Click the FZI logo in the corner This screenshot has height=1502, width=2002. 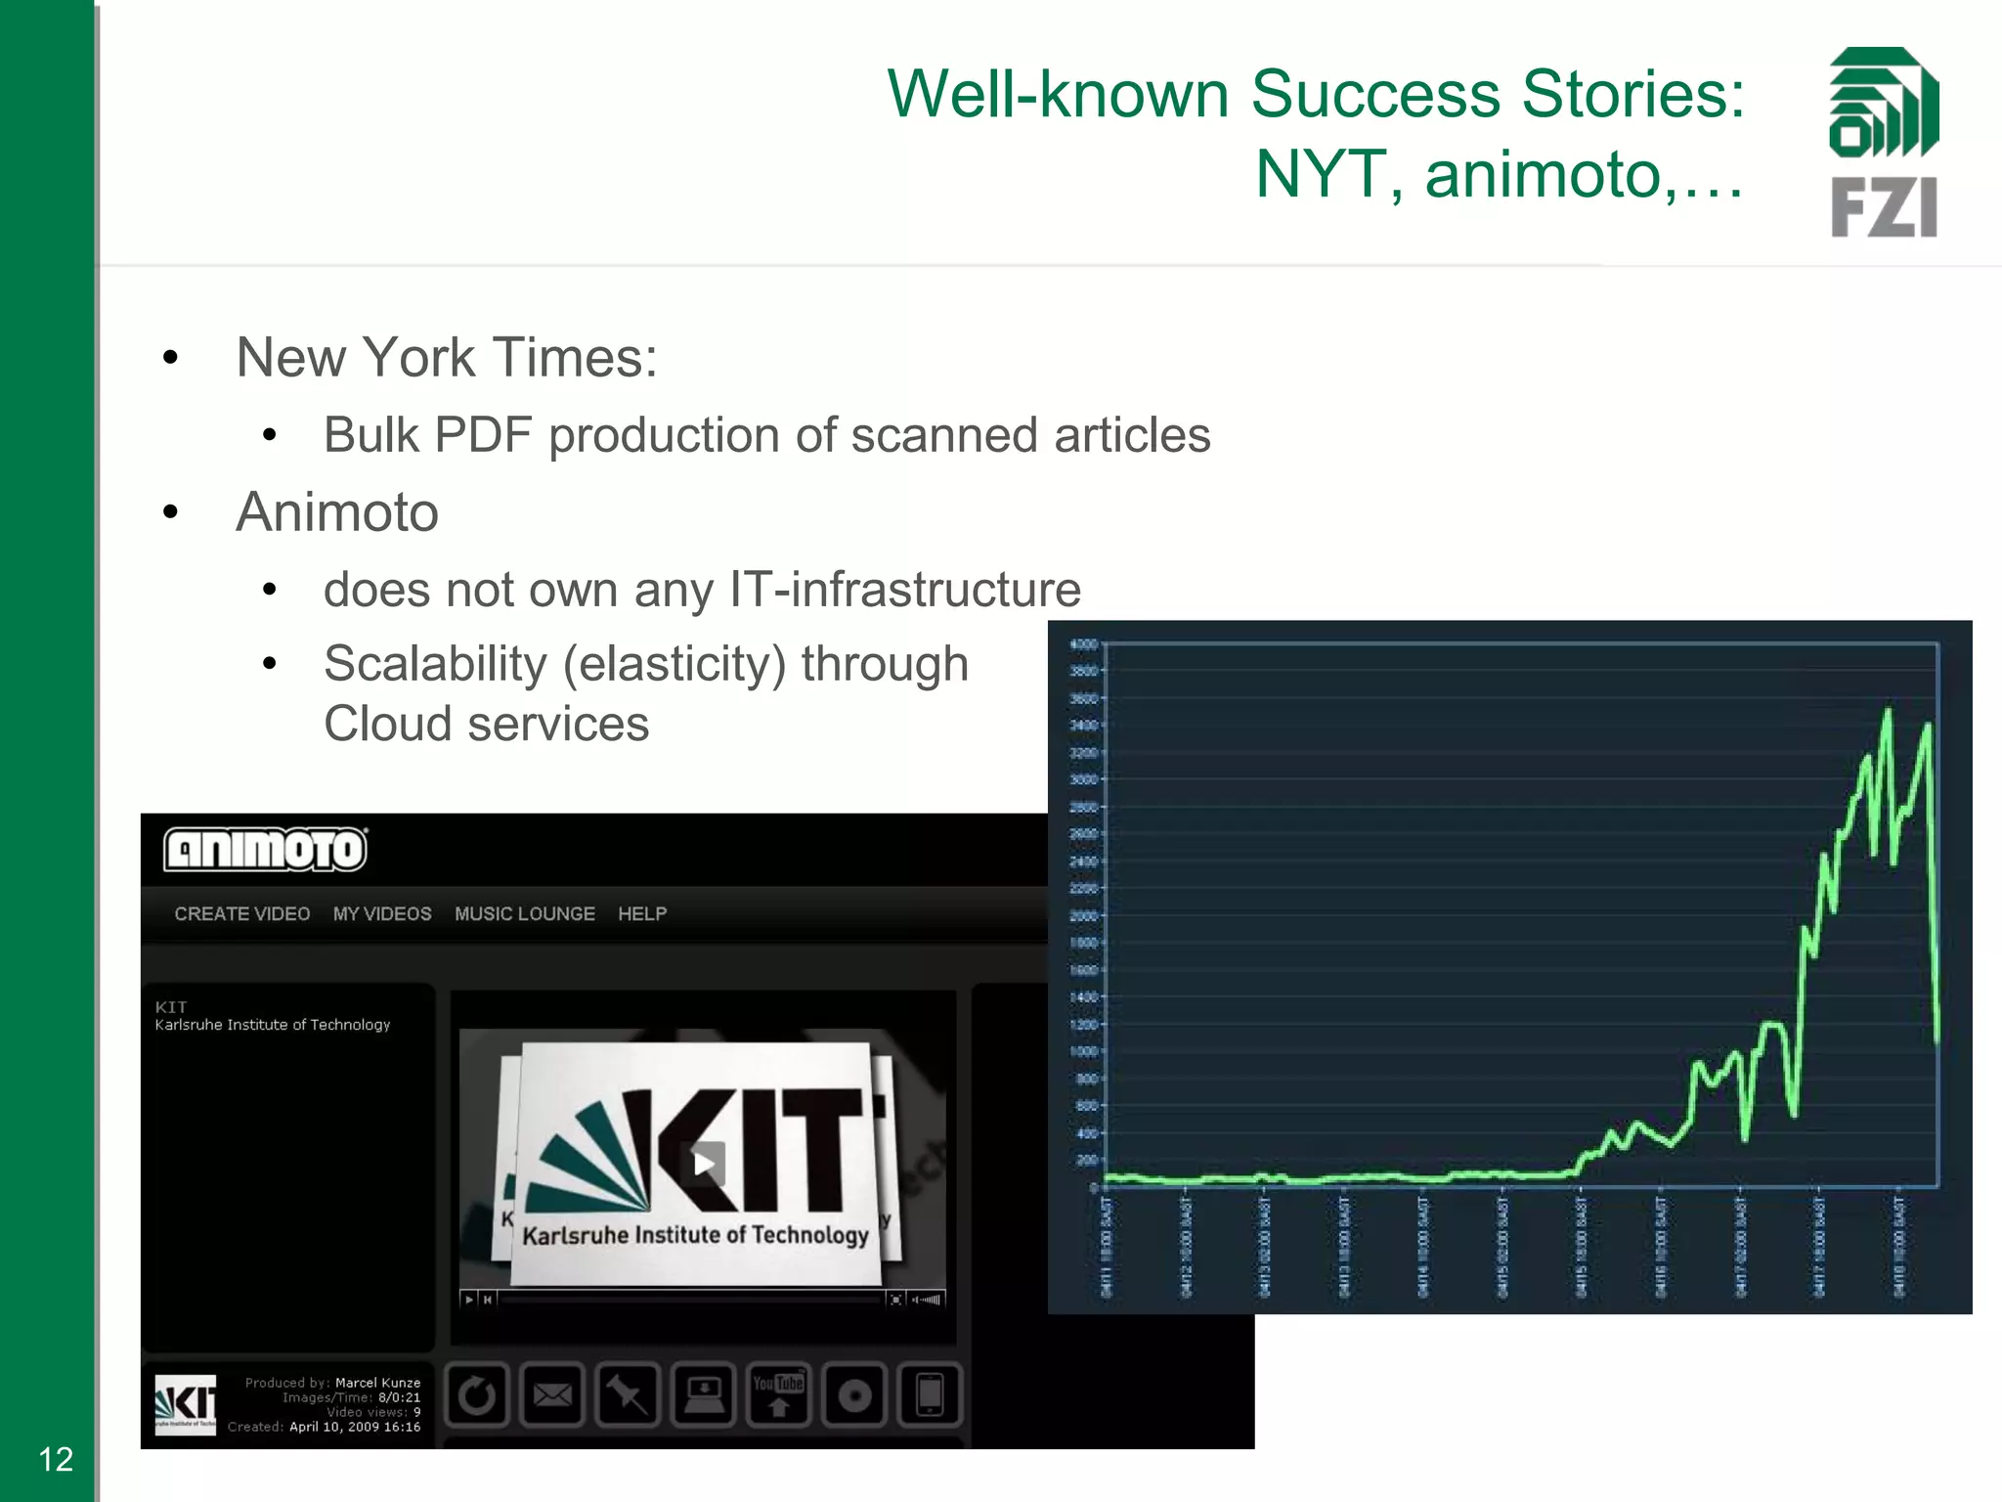1883,143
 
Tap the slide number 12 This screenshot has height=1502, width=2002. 56,1459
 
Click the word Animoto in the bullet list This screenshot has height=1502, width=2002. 337,512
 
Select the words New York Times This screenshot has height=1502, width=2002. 446,358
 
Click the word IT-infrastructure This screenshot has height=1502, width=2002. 905,590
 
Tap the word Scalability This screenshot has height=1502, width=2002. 435,664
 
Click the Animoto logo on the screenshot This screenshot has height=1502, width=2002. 265,849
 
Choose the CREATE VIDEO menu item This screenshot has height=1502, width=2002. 241,913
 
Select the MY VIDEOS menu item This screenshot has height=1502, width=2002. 382,913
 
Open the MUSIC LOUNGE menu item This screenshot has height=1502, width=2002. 525,913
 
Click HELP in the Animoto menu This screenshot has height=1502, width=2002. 642,913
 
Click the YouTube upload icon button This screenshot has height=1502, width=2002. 779,1394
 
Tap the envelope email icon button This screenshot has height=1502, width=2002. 552,1394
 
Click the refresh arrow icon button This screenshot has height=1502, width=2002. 478,1394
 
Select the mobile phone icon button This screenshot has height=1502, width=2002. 930,1394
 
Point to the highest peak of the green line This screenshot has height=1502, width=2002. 1888,710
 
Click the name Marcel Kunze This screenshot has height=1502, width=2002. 377,1383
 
